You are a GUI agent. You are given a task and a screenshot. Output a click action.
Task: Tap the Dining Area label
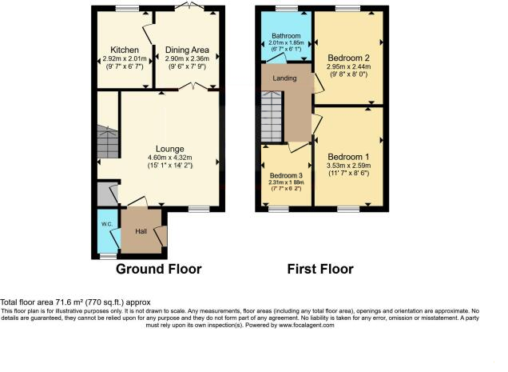(x=187, y=50)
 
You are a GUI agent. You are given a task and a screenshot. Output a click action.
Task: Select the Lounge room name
(x=170, y=149)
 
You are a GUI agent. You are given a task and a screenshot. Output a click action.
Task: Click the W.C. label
(x=106, y=224)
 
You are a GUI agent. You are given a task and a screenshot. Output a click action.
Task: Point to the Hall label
(x=141, y=231)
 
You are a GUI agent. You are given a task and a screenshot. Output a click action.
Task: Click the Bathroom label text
(x=284, y=36)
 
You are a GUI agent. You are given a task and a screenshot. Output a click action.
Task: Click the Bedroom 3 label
(x=286, y=175)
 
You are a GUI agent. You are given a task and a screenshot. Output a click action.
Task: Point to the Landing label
(x=284, y=78)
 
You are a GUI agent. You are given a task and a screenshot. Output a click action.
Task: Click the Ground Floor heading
(x=159, y=270)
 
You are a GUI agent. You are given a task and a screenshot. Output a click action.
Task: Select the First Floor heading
(x=320, y=270)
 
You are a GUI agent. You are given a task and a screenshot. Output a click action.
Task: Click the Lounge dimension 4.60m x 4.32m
(x=169, y=158)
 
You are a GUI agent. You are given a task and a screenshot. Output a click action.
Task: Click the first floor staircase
(x=272, y=115)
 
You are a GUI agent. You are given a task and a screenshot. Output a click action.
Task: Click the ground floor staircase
(x=105, y=142)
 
